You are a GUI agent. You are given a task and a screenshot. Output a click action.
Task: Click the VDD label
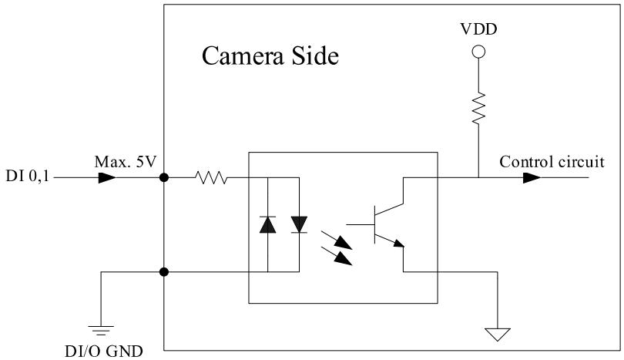tap(478, 29)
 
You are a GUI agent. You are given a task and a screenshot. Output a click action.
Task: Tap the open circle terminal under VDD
tap(478, 52)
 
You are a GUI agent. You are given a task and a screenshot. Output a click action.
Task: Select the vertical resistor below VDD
tap(478, 107)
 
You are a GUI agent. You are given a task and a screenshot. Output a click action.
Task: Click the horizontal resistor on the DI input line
tap(211, 177)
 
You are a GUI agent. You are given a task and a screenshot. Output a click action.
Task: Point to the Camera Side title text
tap(270, 56)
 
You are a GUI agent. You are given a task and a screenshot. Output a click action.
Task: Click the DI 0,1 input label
tap(28, 176)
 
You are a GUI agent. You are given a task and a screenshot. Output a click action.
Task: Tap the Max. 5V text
tap(126, 162)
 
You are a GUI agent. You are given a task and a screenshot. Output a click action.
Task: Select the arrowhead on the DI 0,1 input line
tap(106, 177)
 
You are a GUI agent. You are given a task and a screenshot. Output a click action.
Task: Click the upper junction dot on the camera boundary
tap(163, 177)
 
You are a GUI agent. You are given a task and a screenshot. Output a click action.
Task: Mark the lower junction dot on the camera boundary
tap(163, 272)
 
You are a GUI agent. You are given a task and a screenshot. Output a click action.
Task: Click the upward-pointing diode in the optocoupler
tap(267, 224)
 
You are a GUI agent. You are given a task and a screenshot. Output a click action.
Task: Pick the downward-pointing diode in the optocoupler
tap(299, 224)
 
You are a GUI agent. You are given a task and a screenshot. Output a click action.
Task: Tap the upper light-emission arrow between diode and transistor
tap(337, 240)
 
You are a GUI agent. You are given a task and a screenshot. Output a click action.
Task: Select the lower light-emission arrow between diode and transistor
tap(337, 256)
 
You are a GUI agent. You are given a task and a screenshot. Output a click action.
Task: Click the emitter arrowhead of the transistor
tap(398, 243)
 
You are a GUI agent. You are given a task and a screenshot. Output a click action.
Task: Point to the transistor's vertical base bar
tap(375, 224)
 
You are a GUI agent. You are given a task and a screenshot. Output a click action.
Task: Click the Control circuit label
tap(552, 162)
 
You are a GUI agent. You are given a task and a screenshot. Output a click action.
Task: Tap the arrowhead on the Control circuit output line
tap(532, 177)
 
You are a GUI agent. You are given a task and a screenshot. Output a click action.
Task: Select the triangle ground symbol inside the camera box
tap(498, 335)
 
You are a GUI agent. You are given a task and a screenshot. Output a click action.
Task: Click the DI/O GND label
tap(103, 352)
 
